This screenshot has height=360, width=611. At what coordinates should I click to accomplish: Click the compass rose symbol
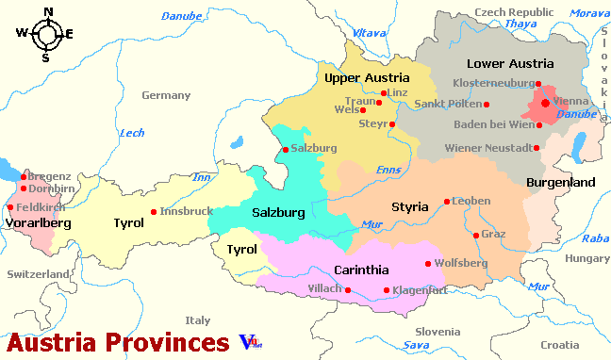pos(44,35)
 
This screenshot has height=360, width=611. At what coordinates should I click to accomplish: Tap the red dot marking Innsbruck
pos(153,212)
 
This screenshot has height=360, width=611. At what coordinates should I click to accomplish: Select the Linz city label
pos(397,93)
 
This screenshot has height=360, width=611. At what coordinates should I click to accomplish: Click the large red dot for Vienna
pos(546,102)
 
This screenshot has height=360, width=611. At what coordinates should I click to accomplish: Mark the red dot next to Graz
pos(475,235)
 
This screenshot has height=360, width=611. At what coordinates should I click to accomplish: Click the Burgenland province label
pos(560,181)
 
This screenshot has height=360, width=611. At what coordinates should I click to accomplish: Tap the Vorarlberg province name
pos(38,223)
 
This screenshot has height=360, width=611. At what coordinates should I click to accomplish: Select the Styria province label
pos(410,206)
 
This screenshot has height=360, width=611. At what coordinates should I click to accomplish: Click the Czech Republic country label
pos(514,11)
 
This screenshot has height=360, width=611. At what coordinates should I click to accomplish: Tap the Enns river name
pos(388,170)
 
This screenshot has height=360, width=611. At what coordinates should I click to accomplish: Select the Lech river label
pos(132,133)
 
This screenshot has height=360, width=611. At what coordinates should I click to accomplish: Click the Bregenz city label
pos(49,176)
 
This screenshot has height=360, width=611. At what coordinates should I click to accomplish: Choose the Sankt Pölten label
pos(449,104)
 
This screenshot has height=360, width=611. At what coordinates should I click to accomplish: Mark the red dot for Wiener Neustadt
pos(537,148)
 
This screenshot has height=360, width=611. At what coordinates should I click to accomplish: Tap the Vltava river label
pos(370,33)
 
